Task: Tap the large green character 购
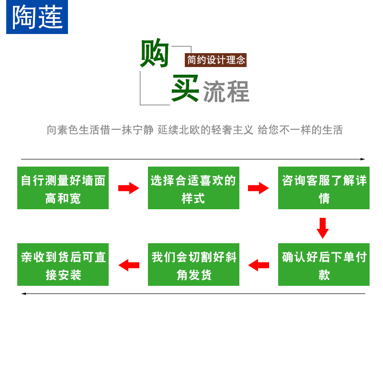[x=155, y=53]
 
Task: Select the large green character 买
[x=185, y=88]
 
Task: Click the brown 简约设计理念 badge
[x=216, y=60]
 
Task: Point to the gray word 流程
[x=226, y=92]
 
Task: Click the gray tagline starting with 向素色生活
[x=195, y=130]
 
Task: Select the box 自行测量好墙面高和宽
[x=63, y=188]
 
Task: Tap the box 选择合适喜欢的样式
[x=193, y=188]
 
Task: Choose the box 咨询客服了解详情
[x=324, y=188]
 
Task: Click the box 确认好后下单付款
[x=324, y=265]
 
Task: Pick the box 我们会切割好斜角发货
[x=193, y=265]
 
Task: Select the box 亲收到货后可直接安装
[x=63, y=265]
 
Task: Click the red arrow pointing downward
[x=323, y=228]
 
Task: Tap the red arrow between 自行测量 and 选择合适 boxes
[x=128, y=188]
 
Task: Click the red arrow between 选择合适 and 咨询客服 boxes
[x=259, y=188]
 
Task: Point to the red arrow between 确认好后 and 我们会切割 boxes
[x=259, y=265]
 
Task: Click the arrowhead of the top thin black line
[x=363, y=159]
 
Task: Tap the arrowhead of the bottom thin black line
[x=23, y=293]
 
